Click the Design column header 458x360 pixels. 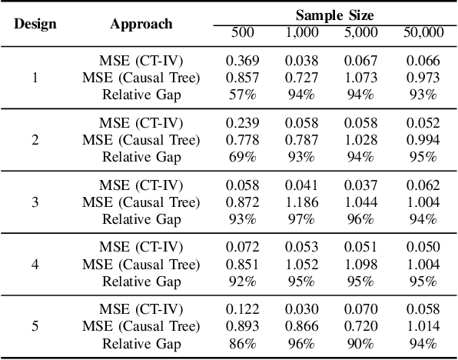[35, 23]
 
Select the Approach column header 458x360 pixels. [141, 23]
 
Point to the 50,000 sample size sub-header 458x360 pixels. [423, 32]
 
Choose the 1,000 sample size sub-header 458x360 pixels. [302, 32]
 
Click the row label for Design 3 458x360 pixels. [35, 202]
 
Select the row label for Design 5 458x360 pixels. [35, 326]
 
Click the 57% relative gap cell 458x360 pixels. [243, 95]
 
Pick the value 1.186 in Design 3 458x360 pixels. [302, 202]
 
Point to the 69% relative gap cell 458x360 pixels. [243, 157]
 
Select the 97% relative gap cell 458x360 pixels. [302, 218]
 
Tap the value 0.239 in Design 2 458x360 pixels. [243, 123]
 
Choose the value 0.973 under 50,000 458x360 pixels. [423, 78]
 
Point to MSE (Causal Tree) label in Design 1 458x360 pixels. [141, 78]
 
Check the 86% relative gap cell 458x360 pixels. [243, 343]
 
